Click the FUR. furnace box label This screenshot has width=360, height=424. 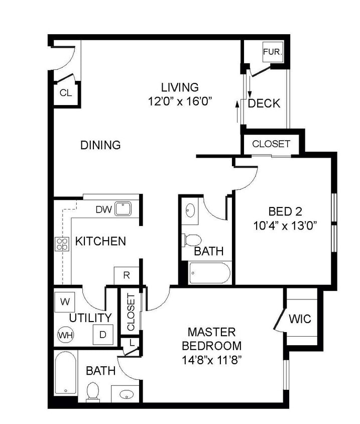(x=273, y=52)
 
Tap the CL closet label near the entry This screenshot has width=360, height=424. (x=66, y=93)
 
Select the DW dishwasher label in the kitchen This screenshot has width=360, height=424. (x=103, y=209)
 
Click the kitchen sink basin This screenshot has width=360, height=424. (x=123, y=208)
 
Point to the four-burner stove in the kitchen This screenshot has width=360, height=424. (x=62, y=244)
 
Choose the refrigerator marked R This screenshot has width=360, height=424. (x=126, y=275)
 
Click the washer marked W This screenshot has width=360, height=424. (x=65, y=301)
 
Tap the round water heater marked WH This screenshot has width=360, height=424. (x=66, y=335)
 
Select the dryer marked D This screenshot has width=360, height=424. (x=103, y=335)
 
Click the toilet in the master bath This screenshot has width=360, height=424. (x=92, y=391)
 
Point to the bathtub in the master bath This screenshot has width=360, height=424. (x=65, y=373)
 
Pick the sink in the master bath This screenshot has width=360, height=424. (x=127, y=394)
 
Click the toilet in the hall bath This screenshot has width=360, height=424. (x=192, y=240)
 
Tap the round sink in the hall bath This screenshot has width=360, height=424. (x=190, y=210)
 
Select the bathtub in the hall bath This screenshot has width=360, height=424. (x=210, y=273)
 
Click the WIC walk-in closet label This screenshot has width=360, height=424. (x=300, y=319)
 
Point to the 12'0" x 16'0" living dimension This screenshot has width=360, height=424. (x=179, y=101)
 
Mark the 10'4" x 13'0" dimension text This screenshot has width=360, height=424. (x=285, y=225)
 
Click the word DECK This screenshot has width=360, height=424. (x=264, y=103)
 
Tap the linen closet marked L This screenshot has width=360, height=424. (x=132, y=343)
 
